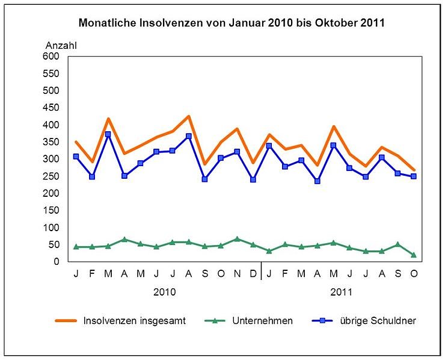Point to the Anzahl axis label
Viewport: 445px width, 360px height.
(61, 45)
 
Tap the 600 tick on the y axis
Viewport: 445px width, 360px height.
(52, 57)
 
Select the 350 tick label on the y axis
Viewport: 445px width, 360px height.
(52, 142)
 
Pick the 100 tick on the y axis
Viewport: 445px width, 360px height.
(52, 228)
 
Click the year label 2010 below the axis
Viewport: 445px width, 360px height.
(164, 293)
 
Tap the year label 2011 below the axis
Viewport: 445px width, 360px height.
(341, 293)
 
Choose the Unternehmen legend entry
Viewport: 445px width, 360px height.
(262, 321)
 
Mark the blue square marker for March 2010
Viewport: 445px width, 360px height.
(108, 135)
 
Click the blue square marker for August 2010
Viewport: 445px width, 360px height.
(189, 136)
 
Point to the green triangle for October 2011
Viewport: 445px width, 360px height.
(414, 255)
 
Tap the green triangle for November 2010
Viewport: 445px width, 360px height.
(237, 239)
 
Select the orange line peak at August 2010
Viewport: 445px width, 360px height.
(189, 116)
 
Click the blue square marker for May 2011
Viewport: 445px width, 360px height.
(333, 145)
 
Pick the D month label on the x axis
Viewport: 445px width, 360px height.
(253, 274)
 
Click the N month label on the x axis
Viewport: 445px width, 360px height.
(237, 274)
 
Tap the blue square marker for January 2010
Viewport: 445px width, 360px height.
(76, 157)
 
